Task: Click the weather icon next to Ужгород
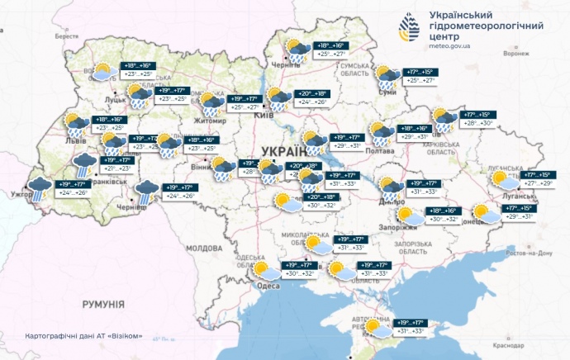38,188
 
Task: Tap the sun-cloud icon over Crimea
380,329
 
